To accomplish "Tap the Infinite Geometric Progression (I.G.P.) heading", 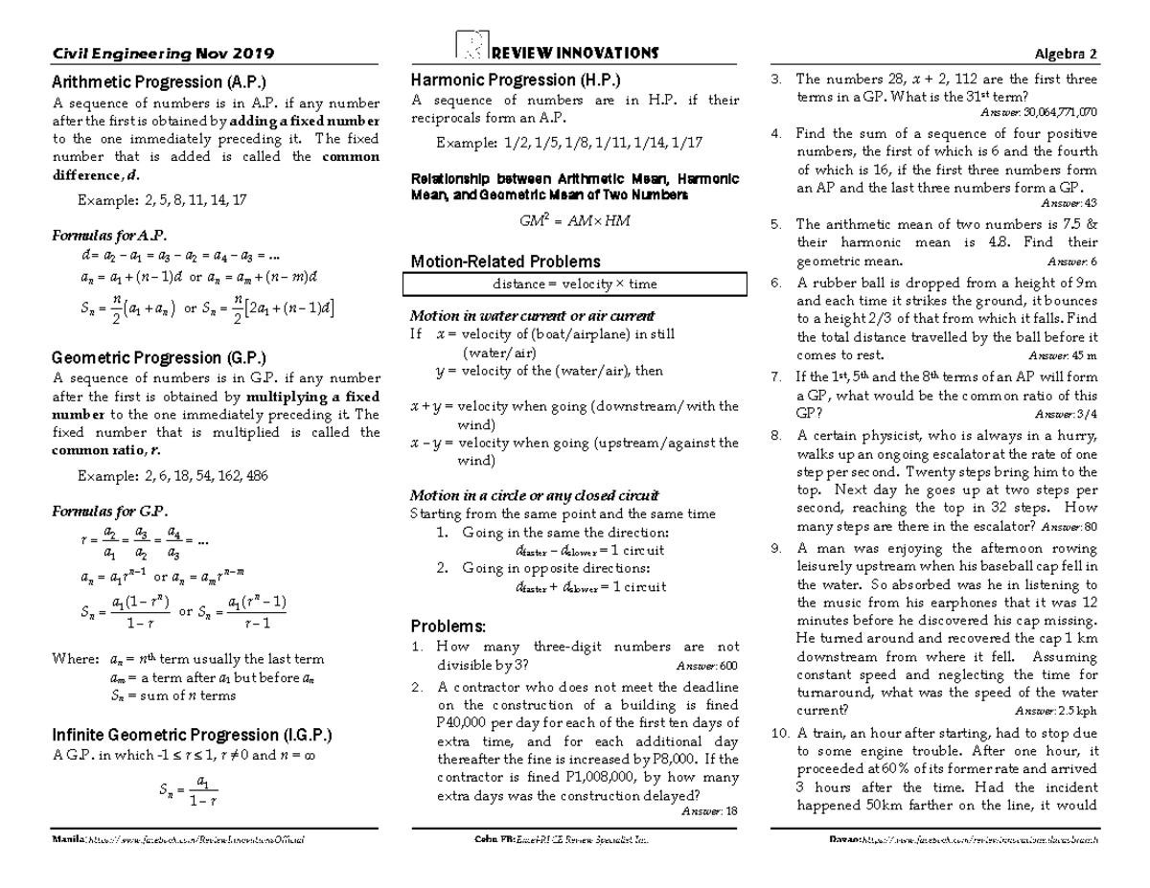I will tap(191, 735).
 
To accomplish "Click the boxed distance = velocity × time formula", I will tap(575, 285).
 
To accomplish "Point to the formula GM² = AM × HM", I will tap(575, 221).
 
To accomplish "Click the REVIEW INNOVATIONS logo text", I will tap(573, 52).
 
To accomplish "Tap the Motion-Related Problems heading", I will tap(505, 261).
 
